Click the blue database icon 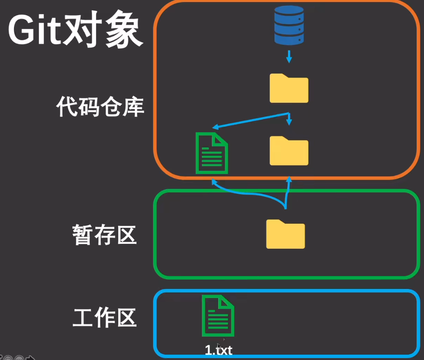pyautogui.click(x=289, y=25)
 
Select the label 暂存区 pyautogui.click(x=104, y=235)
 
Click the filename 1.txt pyautogui.click(x=219, y=350)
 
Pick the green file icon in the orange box pyautogui.click(x=212, y=153)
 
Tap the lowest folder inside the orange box pyautogui.click(x=289, y=151)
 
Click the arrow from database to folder pyautogui.click(x=289, y=56)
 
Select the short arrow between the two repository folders pyautogui.click(x=289, y=119)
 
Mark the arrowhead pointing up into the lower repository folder pyautogui.click(x=289, y=179)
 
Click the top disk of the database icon pyautogui.click(x=289, y=10)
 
